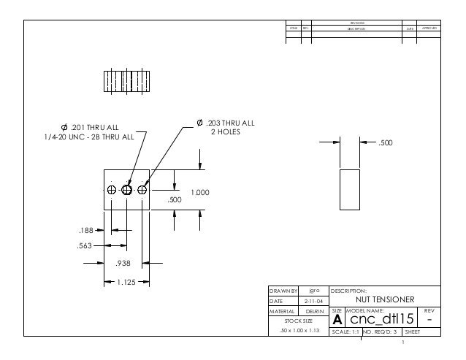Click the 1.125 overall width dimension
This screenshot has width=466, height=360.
coord(127,281)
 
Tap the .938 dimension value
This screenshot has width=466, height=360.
coord(123,264)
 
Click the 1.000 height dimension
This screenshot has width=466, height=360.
coord(200,192)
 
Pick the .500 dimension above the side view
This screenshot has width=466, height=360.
coord(384,143)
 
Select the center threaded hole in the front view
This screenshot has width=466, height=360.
coord(127,190)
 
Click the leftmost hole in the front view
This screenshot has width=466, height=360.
coord(112,190)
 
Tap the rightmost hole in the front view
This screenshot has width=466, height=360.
coord(142,190)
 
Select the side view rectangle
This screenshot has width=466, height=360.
coord(350,189)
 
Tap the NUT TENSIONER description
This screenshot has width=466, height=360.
coord(384,299)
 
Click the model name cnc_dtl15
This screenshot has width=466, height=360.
coord(380,320)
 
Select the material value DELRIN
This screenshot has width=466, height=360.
coord(316,310)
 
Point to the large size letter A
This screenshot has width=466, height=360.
coord(337,321)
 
